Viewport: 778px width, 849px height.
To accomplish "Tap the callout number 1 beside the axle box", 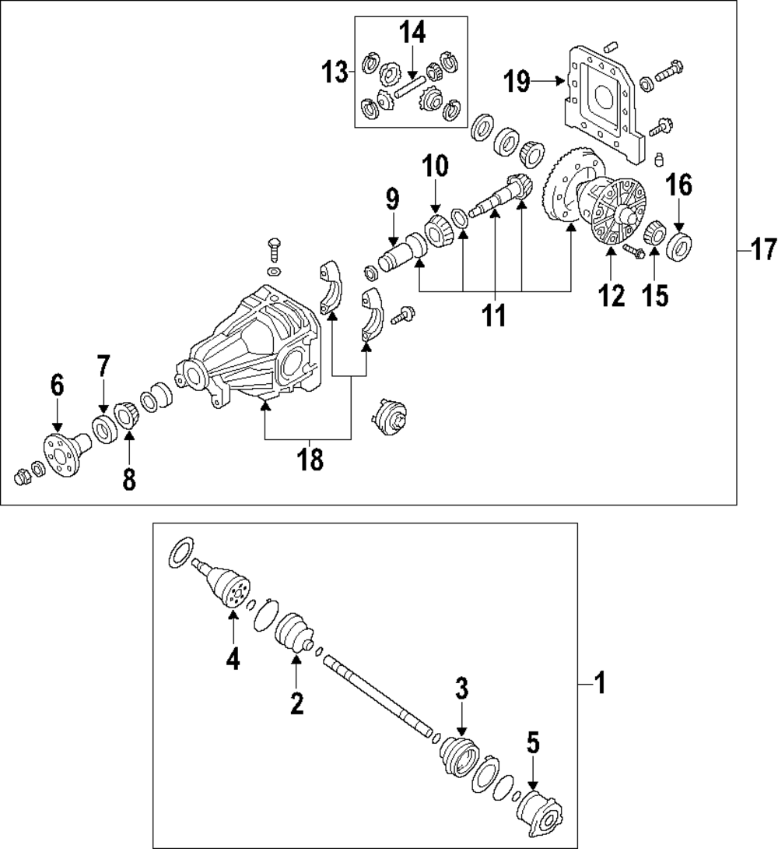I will point(598,685).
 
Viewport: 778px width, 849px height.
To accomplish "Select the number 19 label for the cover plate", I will point(517,79).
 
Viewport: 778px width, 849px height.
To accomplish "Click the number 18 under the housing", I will point(310,460).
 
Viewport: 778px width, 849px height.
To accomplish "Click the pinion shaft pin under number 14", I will point(409,86).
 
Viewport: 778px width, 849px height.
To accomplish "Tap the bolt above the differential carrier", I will point(274,249).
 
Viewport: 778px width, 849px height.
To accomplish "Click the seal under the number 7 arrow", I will point(103,428).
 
